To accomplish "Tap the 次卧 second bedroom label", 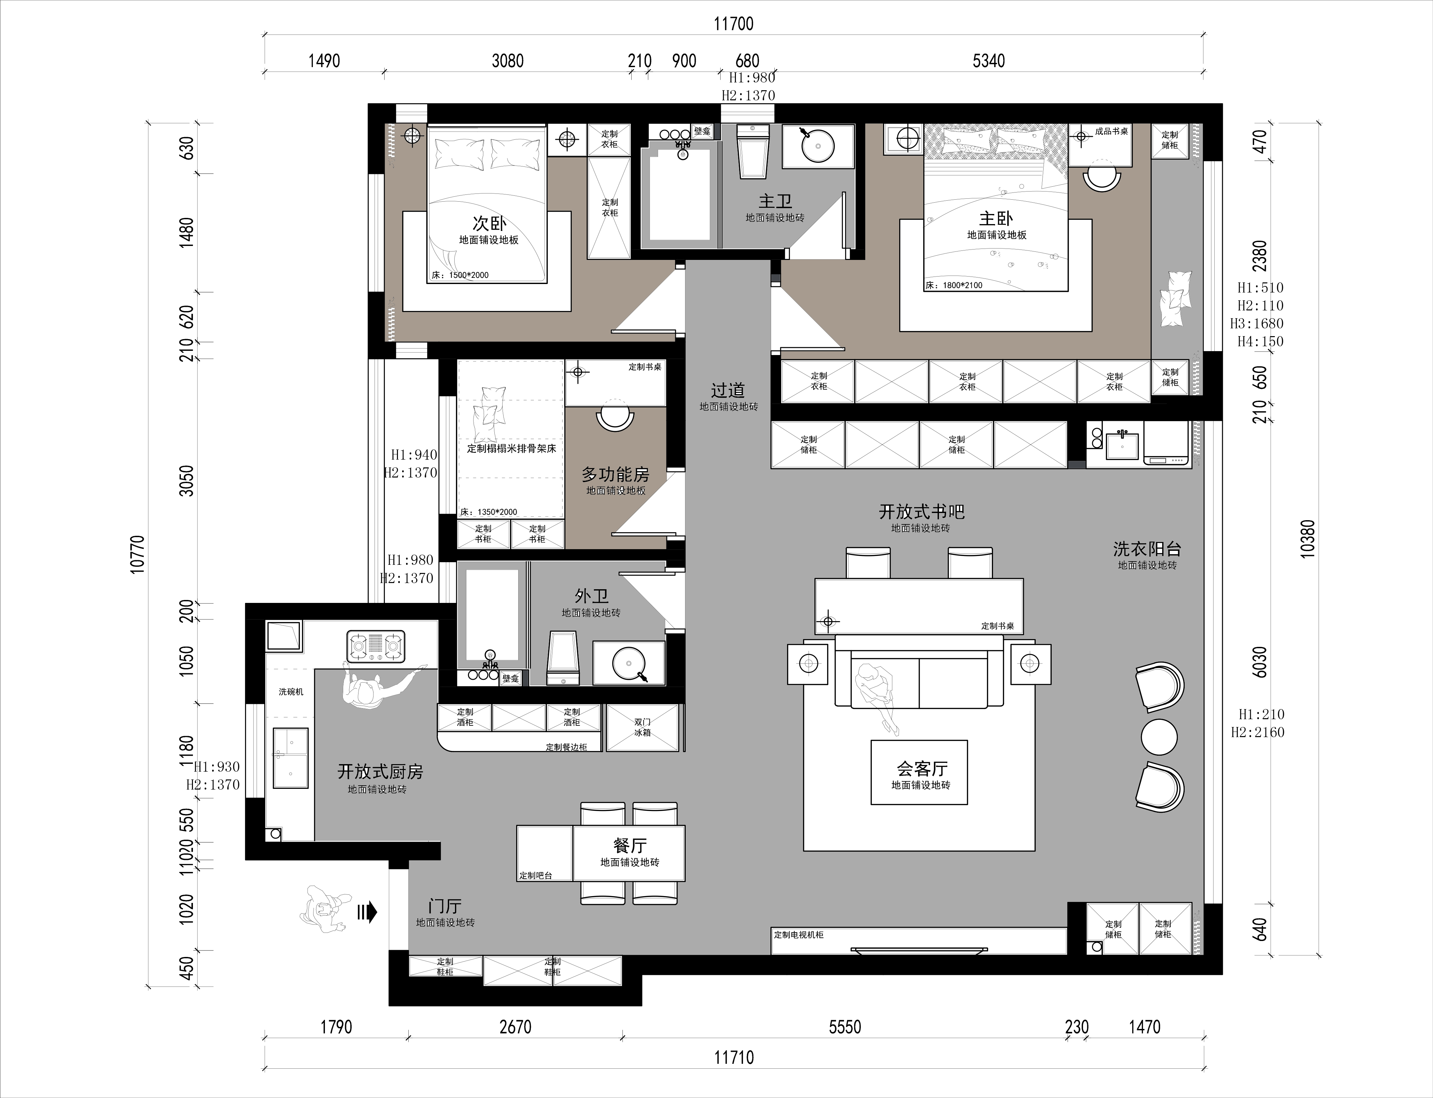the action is [x=489, y=223].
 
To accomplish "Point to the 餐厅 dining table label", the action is [x=630, y=846].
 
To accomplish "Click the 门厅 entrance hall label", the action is [x=445, y=906].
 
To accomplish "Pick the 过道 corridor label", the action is [x=728, y=390].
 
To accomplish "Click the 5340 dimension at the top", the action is [x=988, y=61].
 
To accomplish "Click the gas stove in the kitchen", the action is [x=375, y=646].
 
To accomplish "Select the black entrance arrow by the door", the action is [x=368, y=912].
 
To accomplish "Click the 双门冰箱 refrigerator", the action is [x=642, y=727].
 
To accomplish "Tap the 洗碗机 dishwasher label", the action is [x=291, y=692].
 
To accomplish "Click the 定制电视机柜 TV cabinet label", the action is [x=798, y=934].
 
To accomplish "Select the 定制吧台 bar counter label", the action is [x=536, y=875].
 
